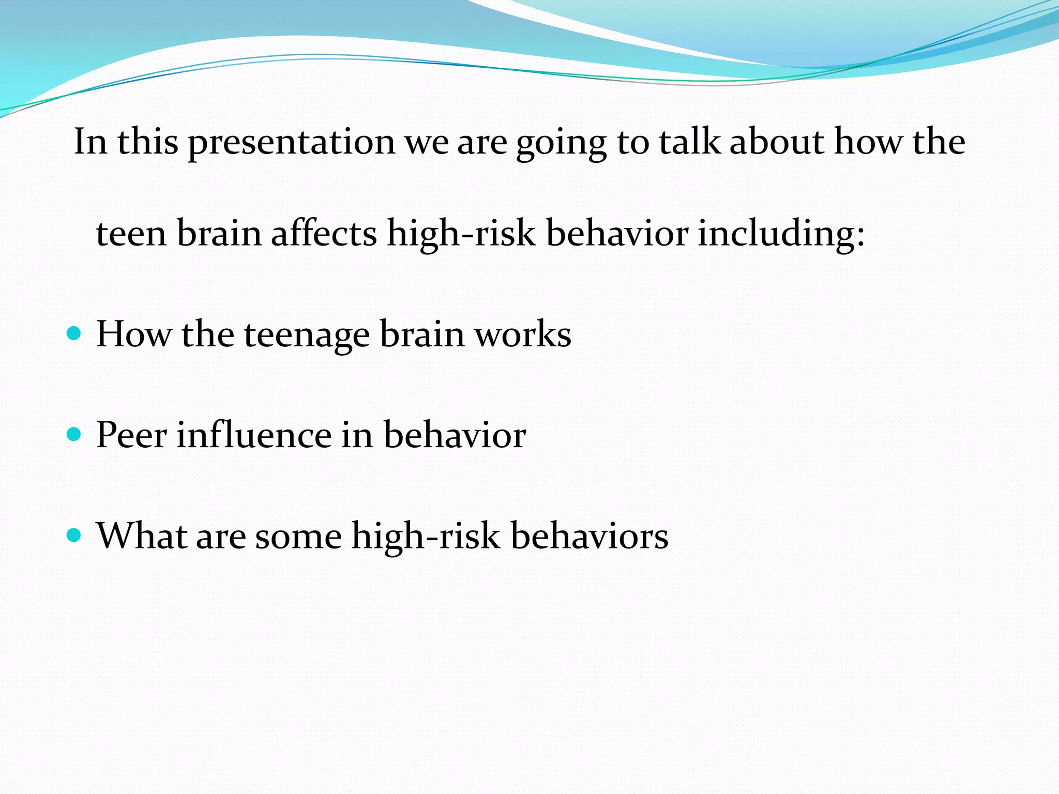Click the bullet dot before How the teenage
coord(74,333)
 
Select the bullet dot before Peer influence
coord(74,434)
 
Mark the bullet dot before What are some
coord(74,535)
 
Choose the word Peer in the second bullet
coord(131,435)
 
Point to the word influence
coord(253,434)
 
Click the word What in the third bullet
coord(142,535)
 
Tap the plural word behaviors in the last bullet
coord(589,536)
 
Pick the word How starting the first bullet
coord(133,334)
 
